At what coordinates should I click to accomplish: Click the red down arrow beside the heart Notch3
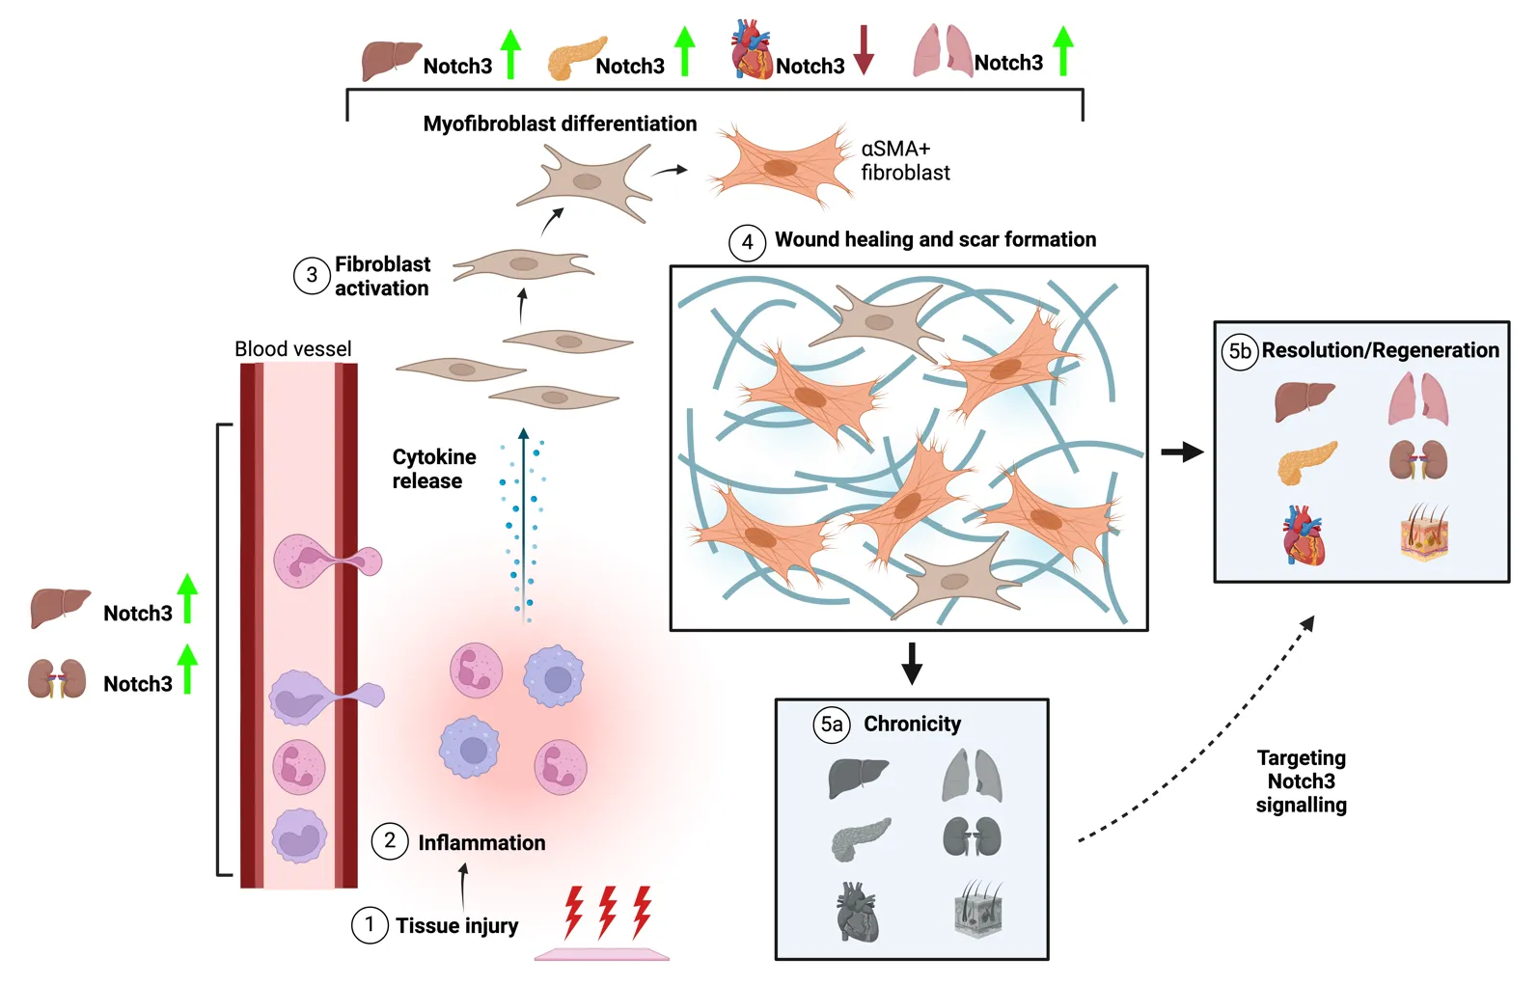pyautogui.click(x=864, y=50)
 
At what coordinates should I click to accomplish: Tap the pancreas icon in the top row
pyautogui.click(x=577, y=59)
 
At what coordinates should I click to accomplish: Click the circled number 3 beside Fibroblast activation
pyautogui.click(x=312, y=276)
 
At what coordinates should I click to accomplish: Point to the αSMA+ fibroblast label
pyautogui.click(x=904, y=161)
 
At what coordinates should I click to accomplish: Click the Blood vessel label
pyautogui.click(x=292, y=349)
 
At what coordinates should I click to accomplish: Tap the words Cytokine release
pyautogui.click(x=433, y=469)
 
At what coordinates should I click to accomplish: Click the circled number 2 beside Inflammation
pyautogui.click(x=390, y=841)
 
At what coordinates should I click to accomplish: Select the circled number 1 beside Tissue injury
pyautogui.click(x=370, y=924)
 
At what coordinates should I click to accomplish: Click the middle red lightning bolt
pyautogui.click(x=607, y=912)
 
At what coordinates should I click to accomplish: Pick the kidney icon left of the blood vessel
pyautogui.click(x=57, y=679)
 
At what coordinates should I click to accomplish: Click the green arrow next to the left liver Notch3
pyautogui.click(x=188, y=598)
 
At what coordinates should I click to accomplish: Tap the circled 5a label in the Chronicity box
pyautogui.click(x=831, y=724)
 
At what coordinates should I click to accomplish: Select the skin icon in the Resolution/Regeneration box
pyautogui.click(x=1424, y=534)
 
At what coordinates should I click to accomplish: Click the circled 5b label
pyautogui.click(x=1240, y=351)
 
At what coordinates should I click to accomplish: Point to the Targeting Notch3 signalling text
pyautogui.click(x=1301, y=781)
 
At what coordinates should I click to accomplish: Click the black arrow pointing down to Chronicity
pyautogui.click(x=911, y=663)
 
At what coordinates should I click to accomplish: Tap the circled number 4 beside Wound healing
pyautogui.click(x=747, y=242)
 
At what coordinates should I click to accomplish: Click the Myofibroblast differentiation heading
pyautogui.click(x=560, y=123)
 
